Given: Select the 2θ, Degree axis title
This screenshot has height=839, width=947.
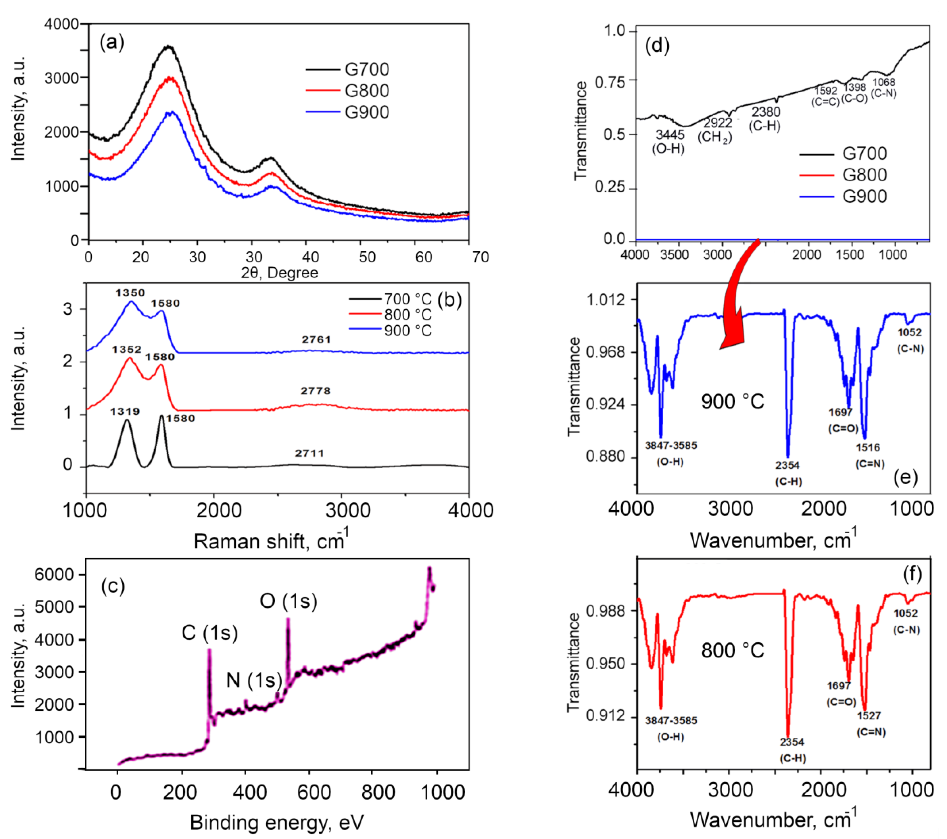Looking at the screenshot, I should [279, 273].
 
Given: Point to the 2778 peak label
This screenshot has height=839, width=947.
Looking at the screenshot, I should [315, 391].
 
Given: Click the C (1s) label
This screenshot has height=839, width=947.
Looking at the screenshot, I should [209, 633].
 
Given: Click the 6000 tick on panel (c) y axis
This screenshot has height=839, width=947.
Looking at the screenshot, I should [54, 575].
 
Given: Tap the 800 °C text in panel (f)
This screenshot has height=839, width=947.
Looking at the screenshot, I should [732, 650].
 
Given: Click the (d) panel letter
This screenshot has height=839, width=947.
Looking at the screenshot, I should [657, 46].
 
